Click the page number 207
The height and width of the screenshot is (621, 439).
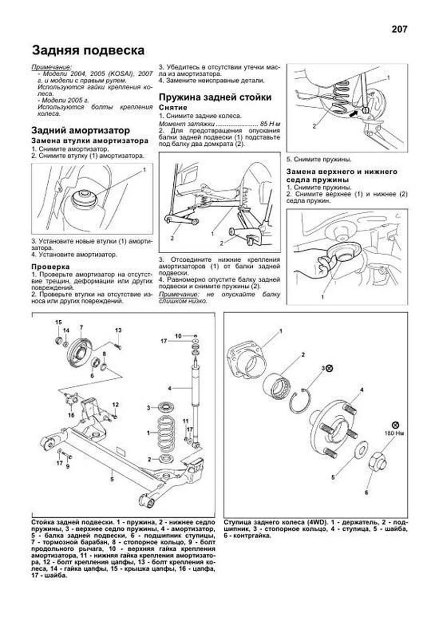399,30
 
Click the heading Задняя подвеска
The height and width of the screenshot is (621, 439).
88,50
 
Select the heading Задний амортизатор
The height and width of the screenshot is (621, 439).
80,130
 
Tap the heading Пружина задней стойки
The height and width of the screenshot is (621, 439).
215,97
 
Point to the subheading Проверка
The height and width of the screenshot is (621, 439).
50,267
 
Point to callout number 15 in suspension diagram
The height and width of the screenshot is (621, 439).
59,322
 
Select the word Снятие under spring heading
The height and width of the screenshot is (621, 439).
173,108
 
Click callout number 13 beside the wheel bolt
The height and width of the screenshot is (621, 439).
118,330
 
